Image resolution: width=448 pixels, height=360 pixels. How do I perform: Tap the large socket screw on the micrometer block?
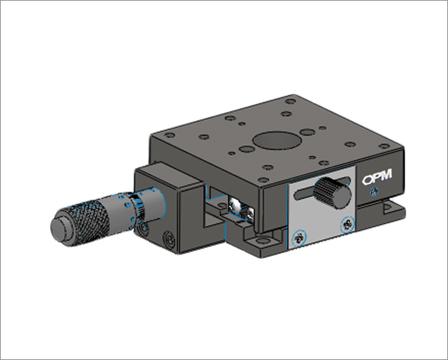(x=169, y=240)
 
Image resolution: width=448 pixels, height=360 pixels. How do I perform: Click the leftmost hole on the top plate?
(x=169, y=135)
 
